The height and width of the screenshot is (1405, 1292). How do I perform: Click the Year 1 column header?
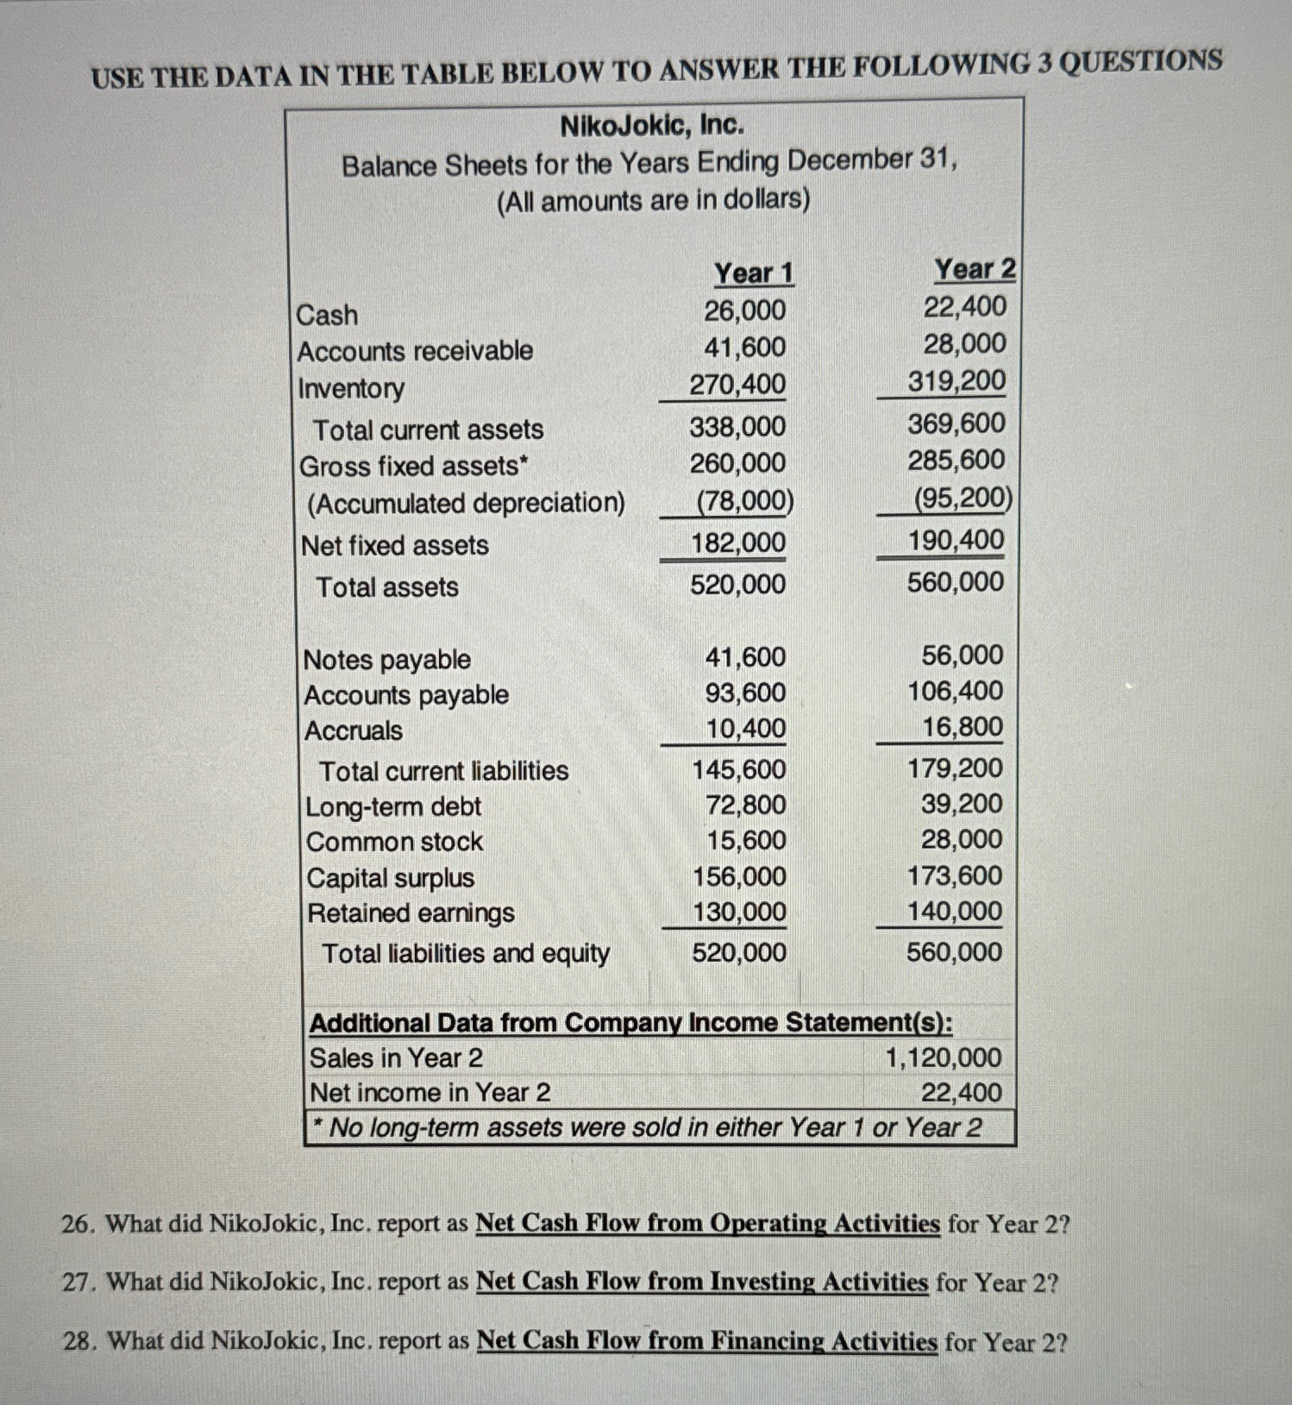pos(753,273)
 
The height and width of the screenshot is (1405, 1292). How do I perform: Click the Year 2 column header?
pos(975,269)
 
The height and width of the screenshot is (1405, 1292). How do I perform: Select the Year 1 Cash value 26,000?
pos(744,310)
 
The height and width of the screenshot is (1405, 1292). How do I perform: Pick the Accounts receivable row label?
pos(415,351)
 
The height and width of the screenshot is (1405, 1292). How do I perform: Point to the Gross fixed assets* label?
pos(413,467)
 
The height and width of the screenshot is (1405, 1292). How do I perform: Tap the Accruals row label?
pos(354,731)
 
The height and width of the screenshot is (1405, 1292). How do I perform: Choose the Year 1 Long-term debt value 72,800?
pos(746,805)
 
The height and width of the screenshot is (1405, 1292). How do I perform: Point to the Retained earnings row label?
pos(411,913)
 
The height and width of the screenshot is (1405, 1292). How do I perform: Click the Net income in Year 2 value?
pos(961,1093)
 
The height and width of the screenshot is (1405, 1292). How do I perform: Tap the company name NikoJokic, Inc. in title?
pos(652,126)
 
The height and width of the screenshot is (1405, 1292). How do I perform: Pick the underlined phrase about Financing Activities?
pos(706,1341)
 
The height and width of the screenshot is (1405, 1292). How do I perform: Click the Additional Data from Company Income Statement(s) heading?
pos(630,1023)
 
